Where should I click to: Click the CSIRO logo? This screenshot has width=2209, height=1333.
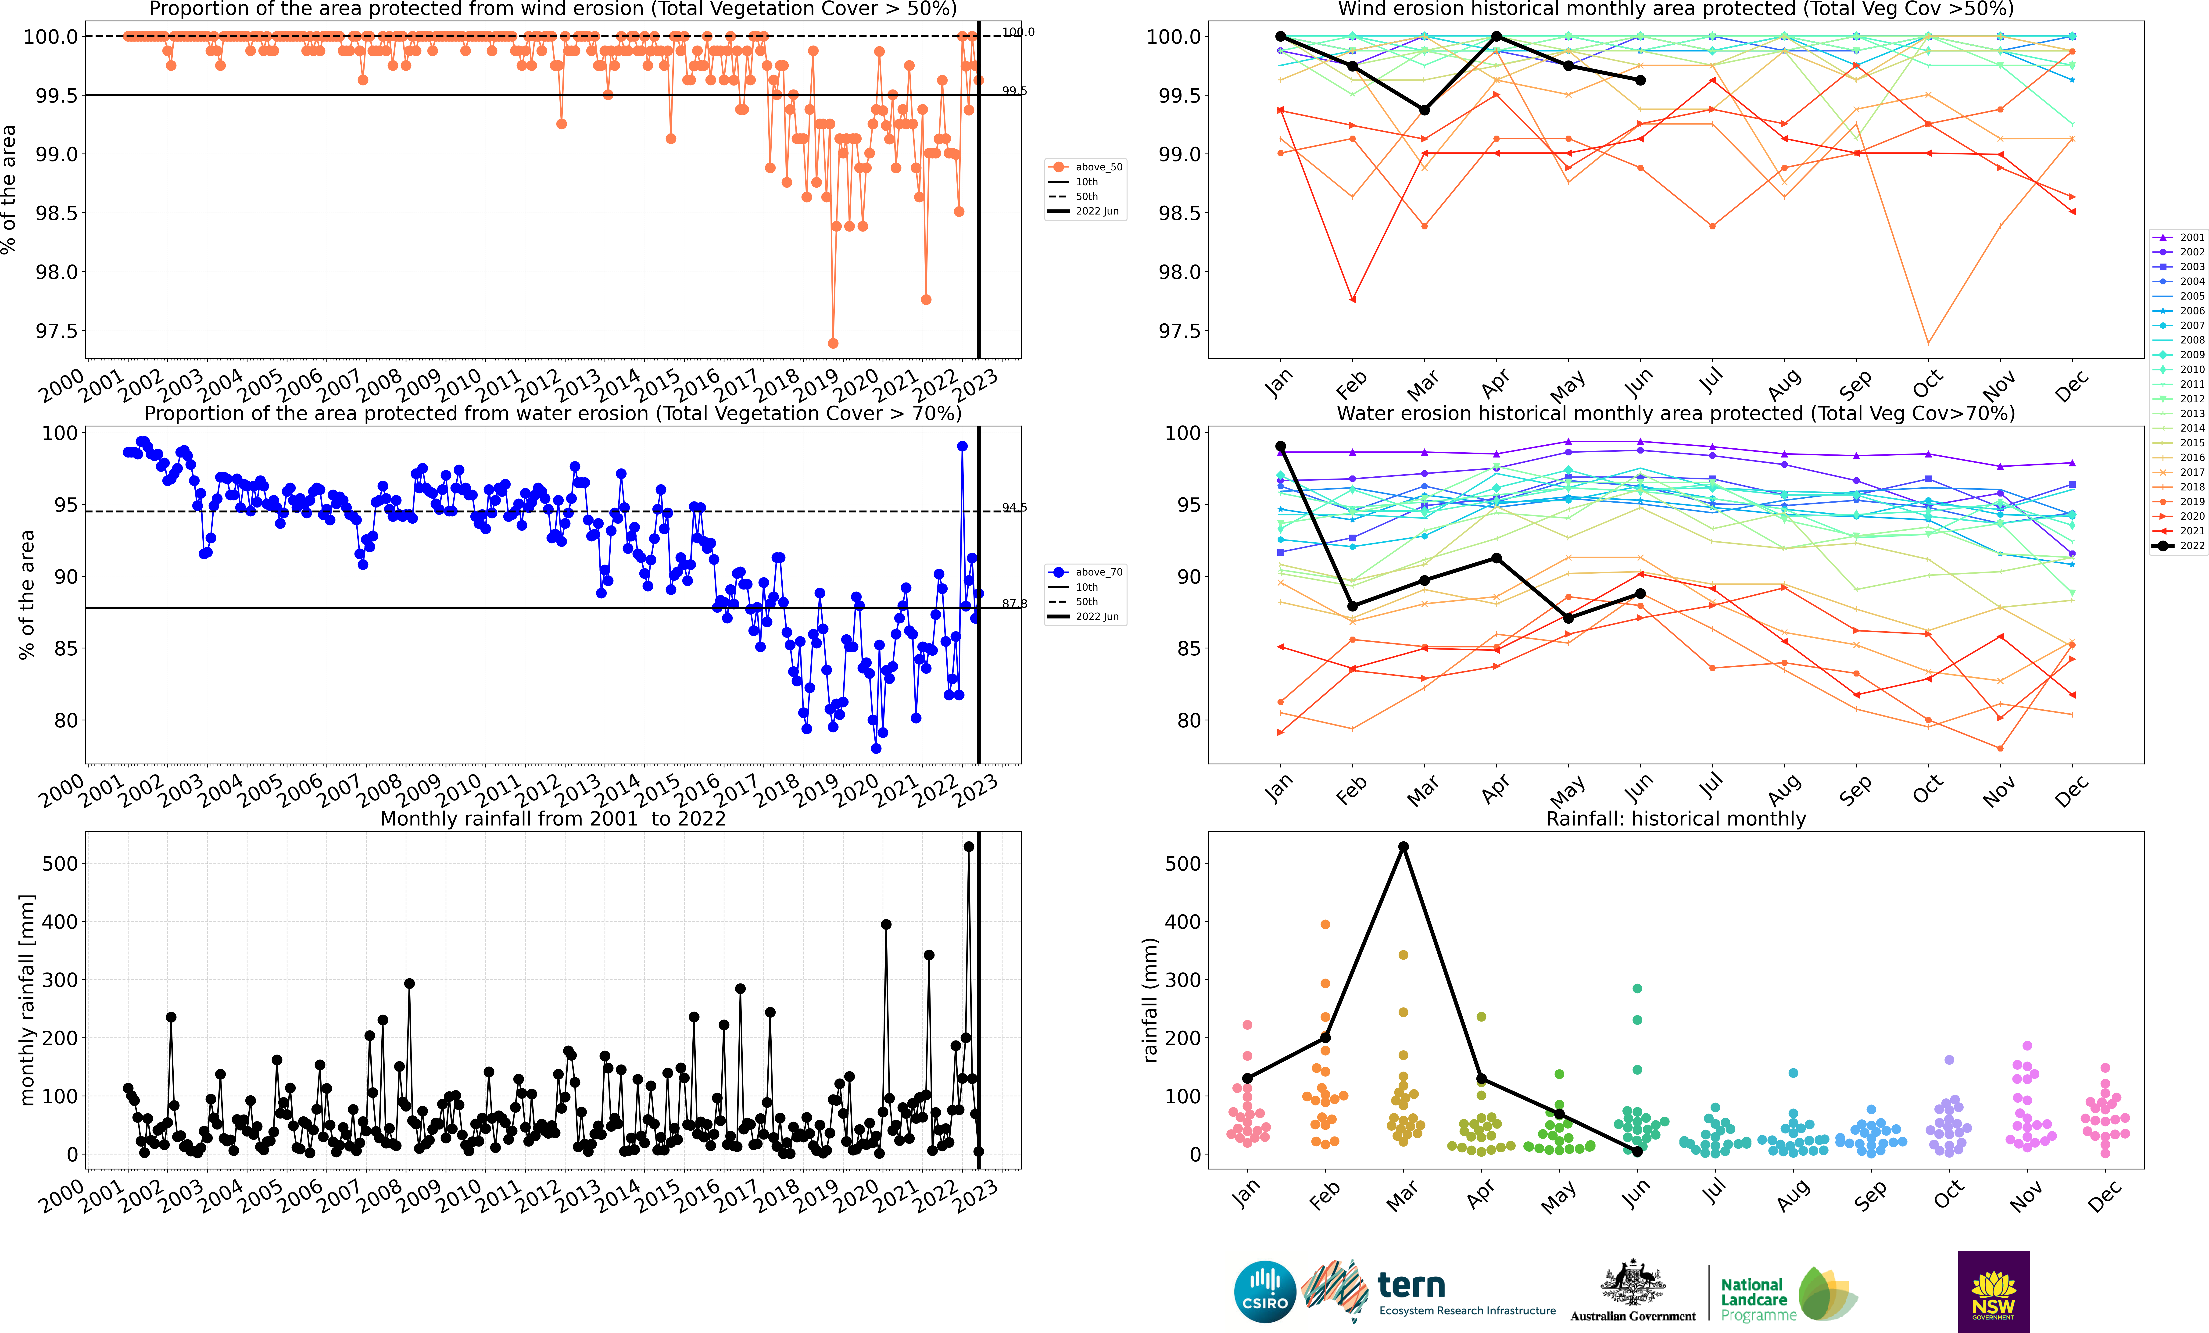coord(1265,1292)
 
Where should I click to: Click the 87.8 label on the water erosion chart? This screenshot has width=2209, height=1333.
coord(1014,603)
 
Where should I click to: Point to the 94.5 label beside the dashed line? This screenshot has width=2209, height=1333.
coord(1014,507)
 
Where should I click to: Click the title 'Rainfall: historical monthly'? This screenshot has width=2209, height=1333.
coord(1676,818)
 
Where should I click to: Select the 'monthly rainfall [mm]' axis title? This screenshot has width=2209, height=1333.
coord(27,1000)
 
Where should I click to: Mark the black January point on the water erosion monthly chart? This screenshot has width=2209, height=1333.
coord(1280,447)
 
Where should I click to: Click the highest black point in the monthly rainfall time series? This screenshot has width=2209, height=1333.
coord(968,846)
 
